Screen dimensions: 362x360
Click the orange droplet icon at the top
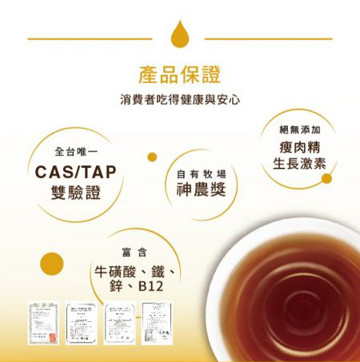click(178, 36)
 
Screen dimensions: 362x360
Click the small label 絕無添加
click(300, 129)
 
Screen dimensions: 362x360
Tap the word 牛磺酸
click(113, 269)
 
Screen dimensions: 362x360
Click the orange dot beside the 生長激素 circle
click(326, 178)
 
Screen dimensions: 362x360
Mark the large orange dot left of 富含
click(52, 261)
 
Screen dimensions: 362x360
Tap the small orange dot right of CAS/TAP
click(152, 157)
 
